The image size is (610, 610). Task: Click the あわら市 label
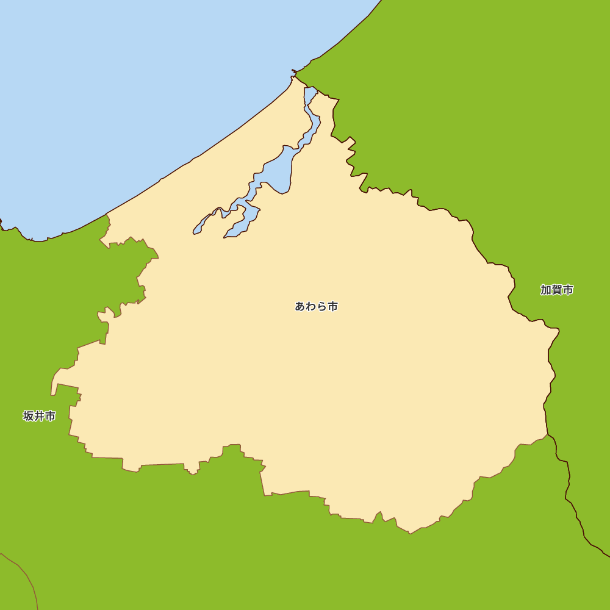click(316, 306)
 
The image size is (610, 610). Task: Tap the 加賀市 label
click(556, 290)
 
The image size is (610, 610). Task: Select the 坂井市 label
click(40, 416)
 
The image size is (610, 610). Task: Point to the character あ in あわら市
click(300, 306)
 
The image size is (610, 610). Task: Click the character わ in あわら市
click(311, 306)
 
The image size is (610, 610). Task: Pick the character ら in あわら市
click(321, 306)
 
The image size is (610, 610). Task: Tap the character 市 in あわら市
click(332, 306)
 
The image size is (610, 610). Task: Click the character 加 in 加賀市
click(545, 290)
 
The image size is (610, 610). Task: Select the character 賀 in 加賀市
click(556, 290)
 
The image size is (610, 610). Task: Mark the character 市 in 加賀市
click(568, 290)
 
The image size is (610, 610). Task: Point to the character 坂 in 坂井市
click(29, 416)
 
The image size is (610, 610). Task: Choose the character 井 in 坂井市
click(40, 416)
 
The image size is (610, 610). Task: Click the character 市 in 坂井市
click(51, 416)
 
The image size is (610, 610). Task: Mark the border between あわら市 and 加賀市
click(473, 244)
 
